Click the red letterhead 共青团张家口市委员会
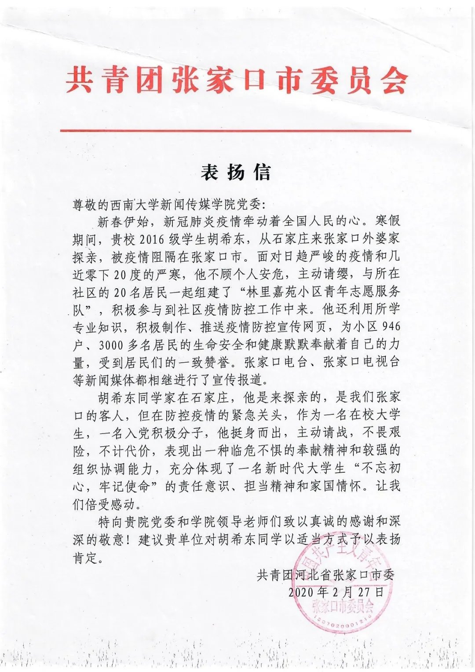pyautogui.click(x=237, y=81)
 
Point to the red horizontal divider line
pyautogui.click(x=236, y=131)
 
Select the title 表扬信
pyautogui.click(x=236, y=172)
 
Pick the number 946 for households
pyautogui.click(x=392, y=327)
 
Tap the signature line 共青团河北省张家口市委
pyautogui.click(x=326, y=575)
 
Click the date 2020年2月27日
pyautogui.click(x=336, y=592)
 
